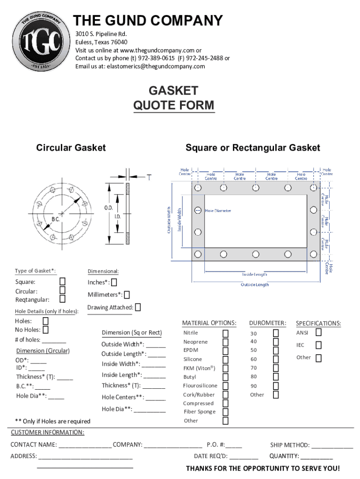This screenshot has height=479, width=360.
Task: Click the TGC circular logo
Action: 41,42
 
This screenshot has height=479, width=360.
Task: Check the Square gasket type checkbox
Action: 62,281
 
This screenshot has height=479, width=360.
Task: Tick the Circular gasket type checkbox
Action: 62,290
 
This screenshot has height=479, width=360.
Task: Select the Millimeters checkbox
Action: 127,295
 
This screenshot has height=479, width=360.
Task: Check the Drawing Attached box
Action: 138,307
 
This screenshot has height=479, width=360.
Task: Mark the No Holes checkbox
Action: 45,330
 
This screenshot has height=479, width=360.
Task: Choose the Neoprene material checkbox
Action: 225,342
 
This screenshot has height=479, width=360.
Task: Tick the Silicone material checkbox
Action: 225,360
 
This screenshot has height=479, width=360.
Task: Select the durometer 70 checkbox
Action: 276,368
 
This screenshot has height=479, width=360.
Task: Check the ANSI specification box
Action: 318,332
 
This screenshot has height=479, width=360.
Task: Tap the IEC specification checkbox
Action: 318,345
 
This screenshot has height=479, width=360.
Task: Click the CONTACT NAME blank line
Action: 85,448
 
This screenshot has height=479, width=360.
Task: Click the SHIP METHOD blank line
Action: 332,448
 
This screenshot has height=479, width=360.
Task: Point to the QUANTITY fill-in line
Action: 317,459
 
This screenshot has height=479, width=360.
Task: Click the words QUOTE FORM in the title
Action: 174,105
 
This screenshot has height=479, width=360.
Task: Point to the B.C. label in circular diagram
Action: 56,219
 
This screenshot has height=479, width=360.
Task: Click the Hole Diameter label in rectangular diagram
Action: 218,211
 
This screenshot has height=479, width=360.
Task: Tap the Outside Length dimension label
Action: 255,285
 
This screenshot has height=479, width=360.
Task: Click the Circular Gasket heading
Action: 71,148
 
